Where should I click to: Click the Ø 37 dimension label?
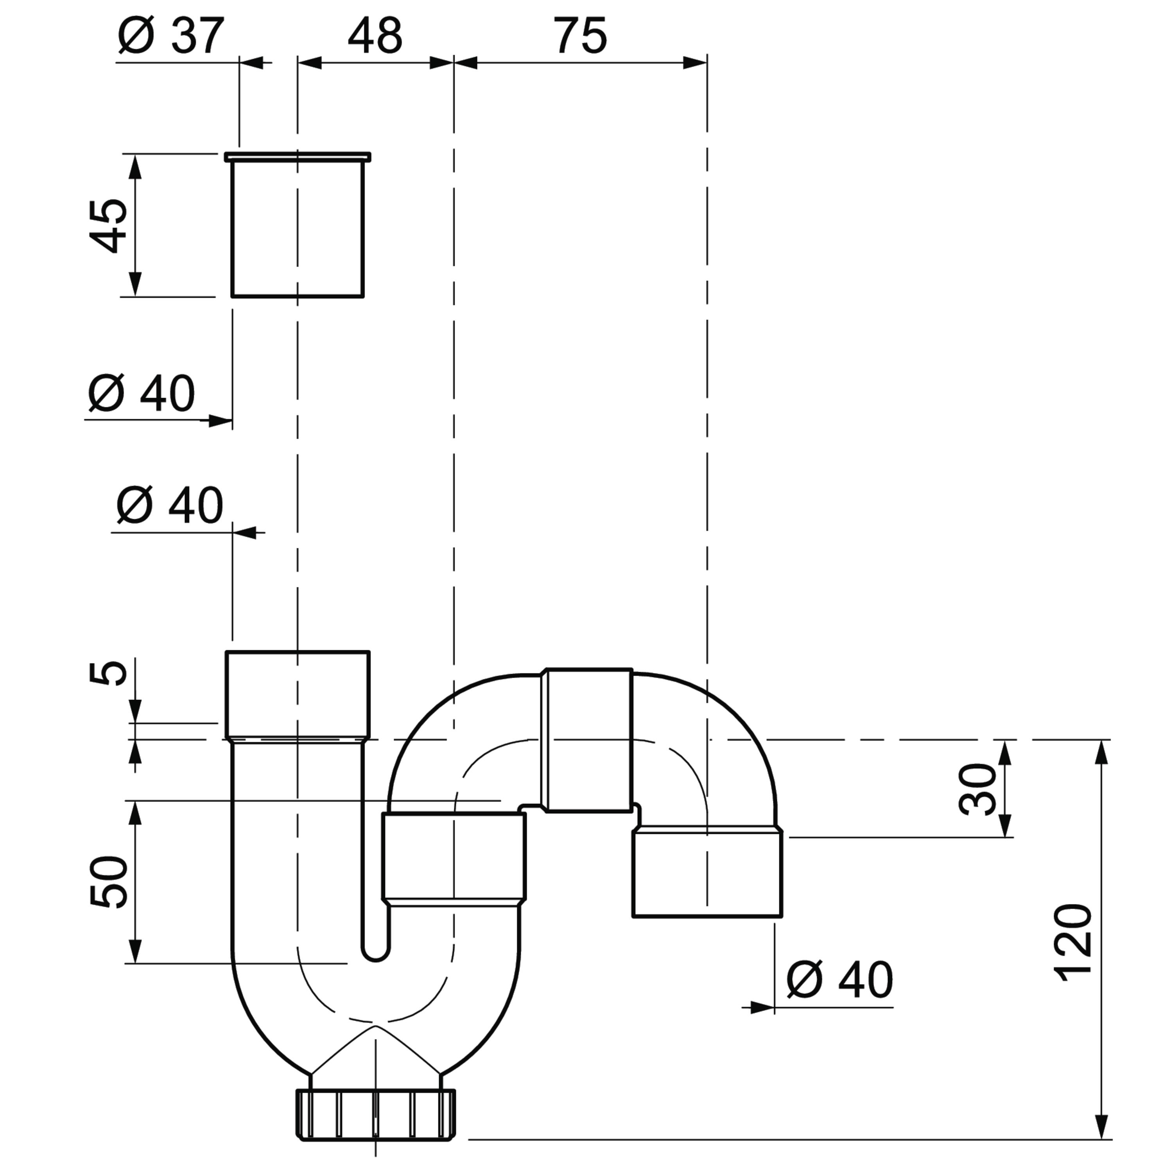pos(172,36)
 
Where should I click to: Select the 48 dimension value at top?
pos(375,36)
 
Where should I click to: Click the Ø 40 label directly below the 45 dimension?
pos(142,393)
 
